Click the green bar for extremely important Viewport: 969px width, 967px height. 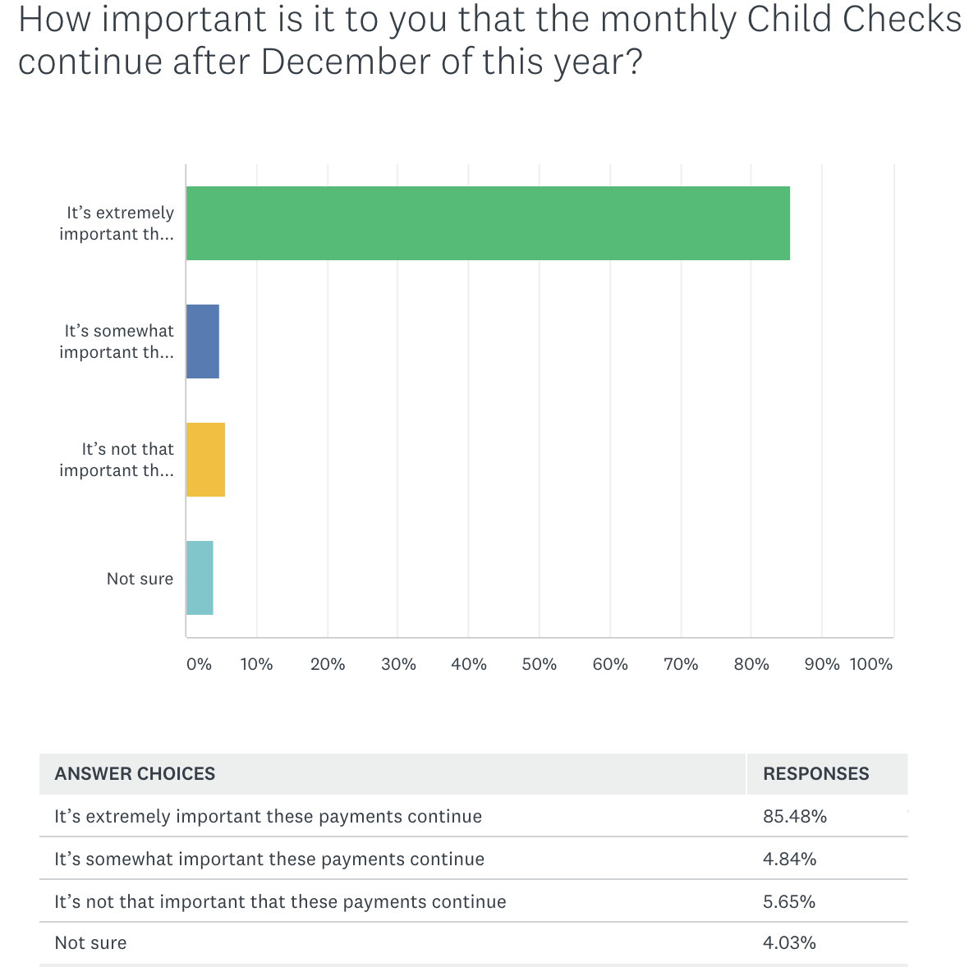(x=488, y=223)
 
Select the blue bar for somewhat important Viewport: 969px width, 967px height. (x=203, y=341)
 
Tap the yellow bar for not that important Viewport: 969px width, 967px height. (x=205, y=460)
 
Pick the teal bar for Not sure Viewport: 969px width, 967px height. (x=200, y=578)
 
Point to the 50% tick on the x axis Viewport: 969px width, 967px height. (x=540, y=664)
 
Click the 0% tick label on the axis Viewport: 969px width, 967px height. (x=199, y=664)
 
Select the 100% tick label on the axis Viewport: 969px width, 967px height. (x=871, y=664)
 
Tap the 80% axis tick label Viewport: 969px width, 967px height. (x=751, y=664)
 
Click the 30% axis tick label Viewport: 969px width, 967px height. (x=398, y=664)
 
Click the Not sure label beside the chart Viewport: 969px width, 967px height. (x=140, y=579)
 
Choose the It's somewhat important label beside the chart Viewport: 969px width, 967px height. (x=117, y=341)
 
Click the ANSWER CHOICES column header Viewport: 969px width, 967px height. (x=135, y=774)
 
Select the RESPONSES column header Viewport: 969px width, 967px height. (x=815, y=774)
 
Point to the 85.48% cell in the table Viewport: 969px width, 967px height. (x=794, y=817)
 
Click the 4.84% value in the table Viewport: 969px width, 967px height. (x=789, y=859)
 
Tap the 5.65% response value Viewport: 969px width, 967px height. (x=789, y=902)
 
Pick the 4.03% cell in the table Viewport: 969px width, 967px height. (x=789, y=943)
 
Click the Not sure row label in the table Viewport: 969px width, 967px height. (x=90, y=943)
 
